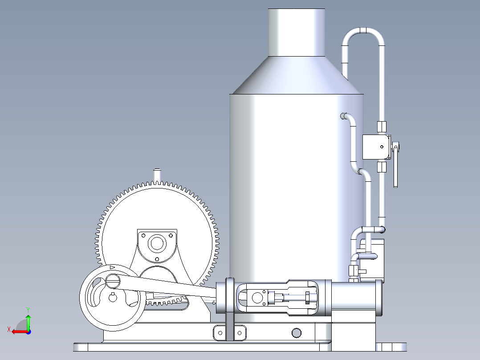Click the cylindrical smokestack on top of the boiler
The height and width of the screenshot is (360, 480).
(296, 33)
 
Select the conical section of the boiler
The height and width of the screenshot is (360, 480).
(296, 76)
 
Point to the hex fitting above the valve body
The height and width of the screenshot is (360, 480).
(382, 126)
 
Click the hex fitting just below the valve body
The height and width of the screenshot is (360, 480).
(382, 167)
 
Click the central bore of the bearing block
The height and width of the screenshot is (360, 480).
(157, 244)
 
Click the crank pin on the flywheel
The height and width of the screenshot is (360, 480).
(113, 281)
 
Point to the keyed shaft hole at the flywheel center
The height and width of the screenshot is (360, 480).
(112, 298)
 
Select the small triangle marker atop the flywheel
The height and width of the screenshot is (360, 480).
(112, 267)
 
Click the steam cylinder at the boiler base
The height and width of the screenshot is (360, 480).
(354, 298)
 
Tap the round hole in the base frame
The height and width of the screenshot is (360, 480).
(296, 332)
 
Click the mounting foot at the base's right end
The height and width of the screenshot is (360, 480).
(391, 347)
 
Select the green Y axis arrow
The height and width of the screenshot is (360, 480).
(28, 320)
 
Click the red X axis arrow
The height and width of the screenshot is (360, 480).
(18, 331)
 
